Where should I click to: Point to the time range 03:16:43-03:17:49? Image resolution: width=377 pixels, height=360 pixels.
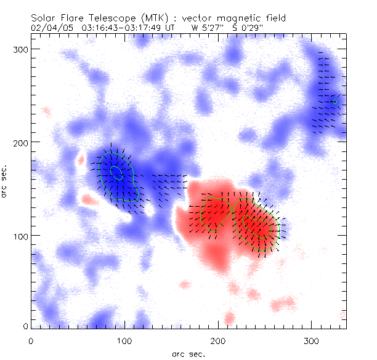click(x=121, y=28)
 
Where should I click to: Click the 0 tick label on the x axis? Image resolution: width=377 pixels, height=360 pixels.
click(x=31, y=340)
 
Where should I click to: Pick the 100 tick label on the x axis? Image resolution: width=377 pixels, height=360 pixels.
click(x=124, y=340)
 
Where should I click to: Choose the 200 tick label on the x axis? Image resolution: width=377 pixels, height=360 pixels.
click(x=218, y=340)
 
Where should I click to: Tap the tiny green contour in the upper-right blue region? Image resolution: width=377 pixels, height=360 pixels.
click(x=335, y=102)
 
